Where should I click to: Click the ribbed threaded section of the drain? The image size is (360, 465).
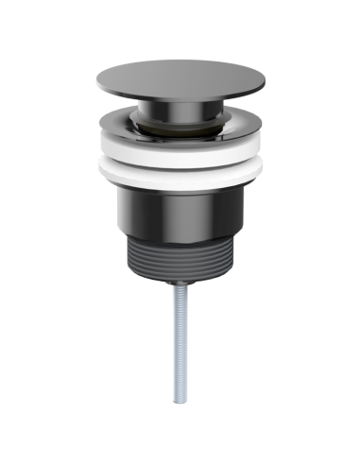click(180, 255)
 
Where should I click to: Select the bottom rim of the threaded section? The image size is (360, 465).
click(180, 277)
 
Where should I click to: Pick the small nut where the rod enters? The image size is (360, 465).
click(180, 282)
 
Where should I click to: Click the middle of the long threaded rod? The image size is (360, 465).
click(180, 345)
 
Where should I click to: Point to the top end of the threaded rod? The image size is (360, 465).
click(180, 287)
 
